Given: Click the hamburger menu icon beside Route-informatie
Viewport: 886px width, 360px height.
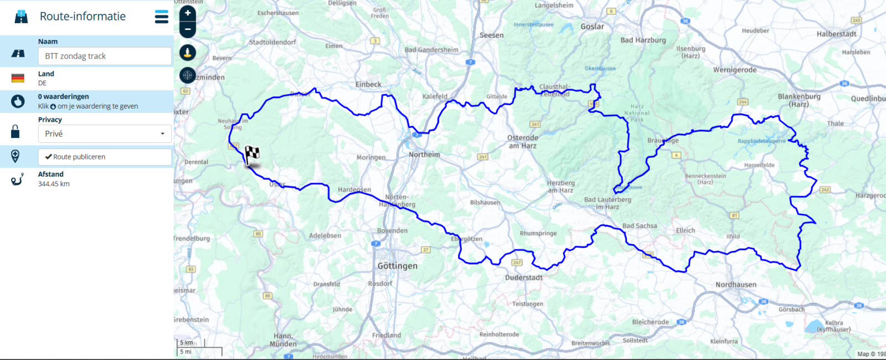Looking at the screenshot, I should (161, 17).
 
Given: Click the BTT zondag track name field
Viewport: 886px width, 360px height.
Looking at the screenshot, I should (104, 56).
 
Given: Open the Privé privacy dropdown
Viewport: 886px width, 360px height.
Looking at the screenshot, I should (104, 133).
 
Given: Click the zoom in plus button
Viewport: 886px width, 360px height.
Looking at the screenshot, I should (188, 13).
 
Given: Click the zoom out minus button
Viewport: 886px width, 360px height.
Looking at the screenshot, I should (188, 29).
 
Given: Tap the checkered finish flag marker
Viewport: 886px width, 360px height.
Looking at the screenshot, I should (252, 153).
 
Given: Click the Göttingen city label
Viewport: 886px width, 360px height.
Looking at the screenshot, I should (397, 266).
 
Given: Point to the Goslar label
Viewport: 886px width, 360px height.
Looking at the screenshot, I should (592, 27).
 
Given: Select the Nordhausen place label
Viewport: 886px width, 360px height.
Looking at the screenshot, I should (735, 285).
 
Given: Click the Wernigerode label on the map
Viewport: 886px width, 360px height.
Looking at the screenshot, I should (734, 70).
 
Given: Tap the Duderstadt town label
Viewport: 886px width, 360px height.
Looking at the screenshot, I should (523, 277).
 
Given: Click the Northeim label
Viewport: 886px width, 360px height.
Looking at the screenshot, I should (424, 155).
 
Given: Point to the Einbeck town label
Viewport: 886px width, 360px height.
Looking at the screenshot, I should (368, 85).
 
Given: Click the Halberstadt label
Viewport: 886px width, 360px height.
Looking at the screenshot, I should (836, 34).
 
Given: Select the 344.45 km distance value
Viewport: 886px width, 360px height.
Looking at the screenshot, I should (54, 184).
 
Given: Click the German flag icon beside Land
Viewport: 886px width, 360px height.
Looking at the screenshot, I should (18, 78).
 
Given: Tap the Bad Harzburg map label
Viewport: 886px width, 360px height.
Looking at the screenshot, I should (643, 40).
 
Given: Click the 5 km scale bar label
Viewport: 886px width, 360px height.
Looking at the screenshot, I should (187, 342).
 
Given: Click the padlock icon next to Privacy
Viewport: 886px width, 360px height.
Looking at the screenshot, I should (16, 131).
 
